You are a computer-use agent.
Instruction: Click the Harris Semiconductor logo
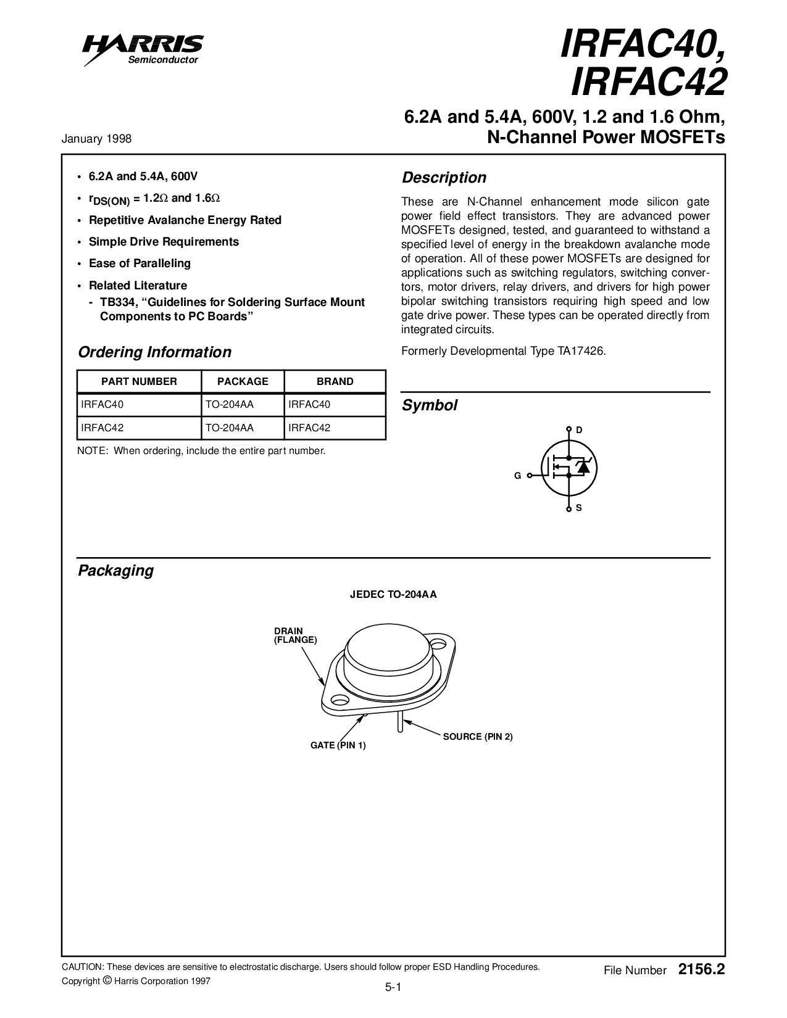[x=144, y=48]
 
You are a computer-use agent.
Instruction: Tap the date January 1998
[x=96, y=139]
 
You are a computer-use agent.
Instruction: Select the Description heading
[x=444, y=178]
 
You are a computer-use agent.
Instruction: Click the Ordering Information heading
[x=154, y=352]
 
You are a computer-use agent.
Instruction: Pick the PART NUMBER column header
[x=139, y=381]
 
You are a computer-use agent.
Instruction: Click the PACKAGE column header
[x=243, y=381]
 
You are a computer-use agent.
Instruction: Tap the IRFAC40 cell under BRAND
[x=309, y=405]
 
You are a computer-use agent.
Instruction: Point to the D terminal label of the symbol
[x=579, y=429]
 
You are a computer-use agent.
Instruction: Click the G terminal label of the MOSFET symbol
[x=518, y=476]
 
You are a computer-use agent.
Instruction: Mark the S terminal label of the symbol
[x=579, y=508]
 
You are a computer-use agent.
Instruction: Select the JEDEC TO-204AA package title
[x=393, y=595]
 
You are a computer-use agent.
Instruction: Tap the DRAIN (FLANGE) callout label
[x=295, y=635]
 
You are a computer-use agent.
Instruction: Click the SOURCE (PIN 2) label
[x=478, y=737]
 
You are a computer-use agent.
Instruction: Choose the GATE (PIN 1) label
[x=338, y=745]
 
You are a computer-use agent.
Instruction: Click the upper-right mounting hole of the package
[x=438, y=645]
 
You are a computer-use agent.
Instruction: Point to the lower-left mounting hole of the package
[x=338, y=700]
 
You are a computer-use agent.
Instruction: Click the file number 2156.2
[x=701, y=970]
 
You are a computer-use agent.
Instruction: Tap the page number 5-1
[x=393, y=988]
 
